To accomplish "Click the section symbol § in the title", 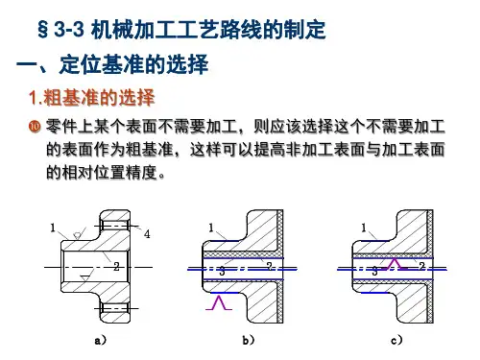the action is tap(43, 30).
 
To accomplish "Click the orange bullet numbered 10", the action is tap(35, 126).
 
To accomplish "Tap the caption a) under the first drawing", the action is tap(101, 340).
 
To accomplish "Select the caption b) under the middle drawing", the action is tap(249, 340).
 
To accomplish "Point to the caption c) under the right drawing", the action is tap(396, 340).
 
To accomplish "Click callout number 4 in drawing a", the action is tap(147, 234).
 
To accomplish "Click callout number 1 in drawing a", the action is tap(53, 228).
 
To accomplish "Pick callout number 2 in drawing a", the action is tap(116, 267).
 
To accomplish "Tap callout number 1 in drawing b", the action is tap(210, 228).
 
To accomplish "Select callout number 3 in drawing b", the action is tap(222, 272).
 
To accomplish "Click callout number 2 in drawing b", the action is tap(270, 266).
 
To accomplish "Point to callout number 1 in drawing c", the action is tap(364, 228).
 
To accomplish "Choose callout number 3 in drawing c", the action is tap(374, 272).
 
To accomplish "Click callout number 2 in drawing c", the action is tap(422, 266).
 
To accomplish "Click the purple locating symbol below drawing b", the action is tap(219, 302).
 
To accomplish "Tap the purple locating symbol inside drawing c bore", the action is tap(395, 263).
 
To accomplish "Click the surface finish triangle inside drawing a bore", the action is tap(84, 277).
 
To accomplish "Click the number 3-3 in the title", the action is tap(69, 30).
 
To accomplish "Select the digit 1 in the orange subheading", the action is tap(33, 98).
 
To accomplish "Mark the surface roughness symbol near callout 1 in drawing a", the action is tap(78, 235).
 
